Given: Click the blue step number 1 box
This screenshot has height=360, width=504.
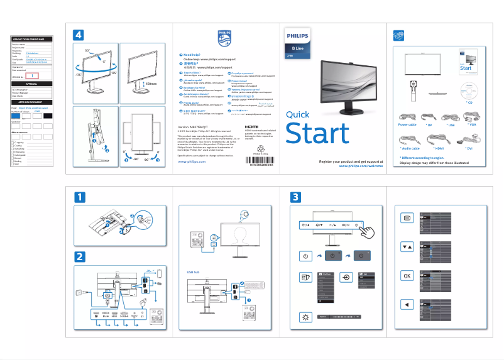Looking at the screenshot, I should [79, 197].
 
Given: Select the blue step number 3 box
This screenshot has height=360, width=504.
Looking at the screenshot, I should [295, 197].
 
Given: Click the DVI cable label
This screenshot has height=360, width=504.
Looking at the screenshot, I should [469, 148].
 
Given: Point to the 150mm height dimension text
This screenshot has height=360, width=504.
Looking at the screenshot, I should [150, 84].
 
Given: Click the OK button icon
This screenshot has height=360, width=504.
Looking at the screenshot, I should [407, 276].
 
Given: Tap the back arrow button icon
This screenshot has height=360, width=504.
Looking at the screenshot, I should [407, 305].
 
